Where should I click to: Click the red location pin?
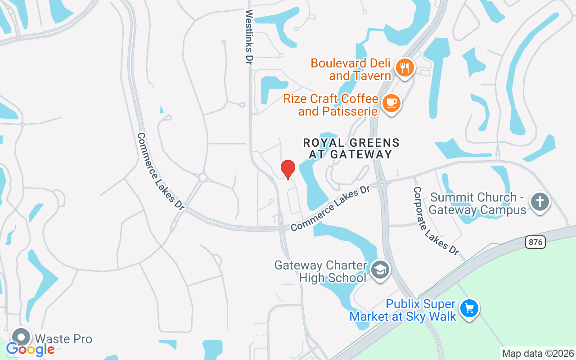288,169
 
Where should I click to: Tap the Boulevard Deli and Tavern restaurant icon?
405,68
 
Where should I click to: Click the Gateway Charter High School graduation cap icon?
381,270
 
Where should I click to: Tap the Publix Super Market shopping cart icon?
469,309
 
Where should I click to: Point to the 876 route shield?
535,242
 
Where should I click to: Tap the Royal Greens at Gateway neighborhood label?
351,148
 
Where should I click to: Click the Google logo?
31,349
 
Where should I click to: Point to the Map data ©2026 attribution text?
538,353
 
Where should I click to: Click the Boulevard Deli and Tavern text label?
351,69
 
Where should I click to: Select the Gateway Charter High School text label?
321,271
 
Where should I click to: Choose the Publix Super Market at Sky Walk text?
403,310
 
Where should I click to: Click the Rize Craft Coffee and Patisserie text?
331,104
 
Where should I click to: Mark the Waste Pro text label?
63,339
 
